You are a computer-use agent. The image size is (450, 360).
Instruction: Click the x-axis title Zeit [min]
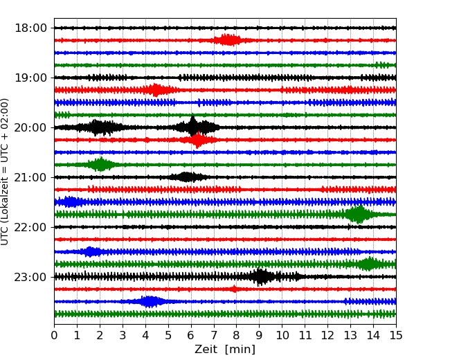point(225,350)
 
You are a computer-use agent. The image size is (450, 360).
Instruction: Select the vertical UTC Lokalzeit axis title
point(6,172)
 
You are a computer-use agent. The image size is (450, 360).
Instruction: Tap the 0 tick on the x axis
point(55,336)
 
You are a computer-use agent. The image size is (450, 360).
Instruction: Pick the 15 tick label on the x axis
point(395,336)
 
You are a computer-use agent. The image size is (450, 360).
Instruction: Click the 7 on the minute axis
point(214,336)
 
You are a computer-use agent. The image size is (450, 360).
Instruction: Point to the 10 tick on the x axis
point(282,336)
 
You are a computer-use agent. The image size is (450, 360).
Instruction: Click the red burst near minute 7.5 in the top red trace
point(227,40)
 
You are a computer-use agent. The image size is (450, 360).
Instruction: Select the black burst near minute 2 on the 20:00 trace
point(99,127)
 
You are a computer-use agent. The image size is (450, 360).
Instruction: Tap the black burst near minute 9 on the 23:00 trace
point(261,277)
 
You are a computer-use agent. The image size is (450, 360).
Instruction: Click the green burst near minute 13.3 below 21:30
point(358,215)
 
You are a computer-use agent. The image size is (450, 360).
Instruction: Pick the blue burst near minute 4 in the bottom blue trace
point(150,302)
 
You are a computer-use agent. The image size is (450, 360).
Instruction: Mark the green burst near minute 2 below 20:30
point(101,165)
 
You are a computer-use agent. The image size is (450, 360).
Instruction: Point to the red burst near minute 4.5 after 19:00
point(156,90)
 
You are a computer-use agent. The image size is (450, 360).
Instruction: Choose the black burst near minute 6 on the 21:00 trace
point(187,177)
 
